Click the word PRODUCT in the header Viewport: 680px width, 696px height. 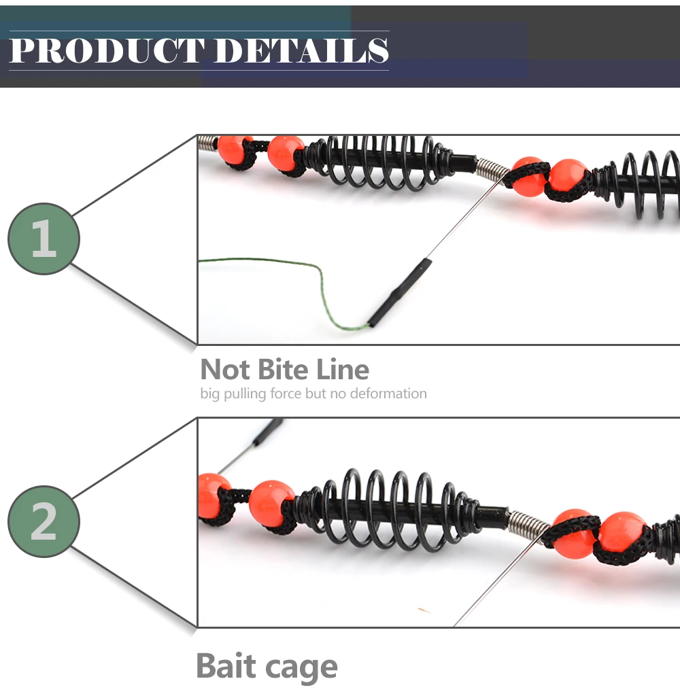click(106, 51)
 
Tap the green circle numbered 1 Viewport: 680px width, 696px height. click(44, 239)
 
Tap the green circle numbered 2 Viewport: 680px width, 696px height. click(44, 521)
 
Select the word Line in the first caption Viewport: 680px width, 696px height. click(343, 370)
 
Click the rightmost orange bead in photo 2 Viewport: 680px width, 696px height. click(621, 532)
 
